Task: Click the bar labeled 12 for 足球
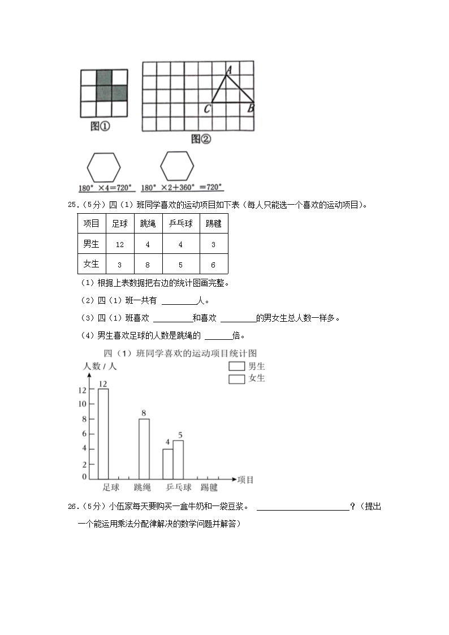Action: click(103, 433)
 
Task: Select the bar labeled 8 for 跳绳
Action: click(144, 448)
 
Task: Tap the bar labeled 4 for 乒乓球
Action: click(167, 464)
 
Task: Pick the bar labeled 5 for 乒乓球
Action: click(178, 459)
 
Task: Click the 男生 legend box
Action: click(236, 366)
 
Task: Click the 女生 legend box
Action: click(236, 379)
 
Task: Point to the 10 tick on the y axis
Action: click(83, 404)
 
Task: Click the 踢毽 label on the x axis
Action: click(209, 487)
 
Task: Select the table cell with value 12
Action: click(119, 244)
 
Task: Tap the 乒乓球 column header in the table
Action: click(180, 224)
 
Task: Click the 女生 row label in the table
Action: click(91, 264)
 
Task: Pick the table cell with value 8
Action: click(148, 264)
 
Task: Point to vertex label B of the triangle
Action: click(251, 109)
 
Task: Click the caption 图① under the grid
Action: click(100, 127)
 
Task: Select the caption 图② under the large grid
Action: click(200, 139)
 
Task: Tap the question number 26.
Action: click(72, 507)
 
